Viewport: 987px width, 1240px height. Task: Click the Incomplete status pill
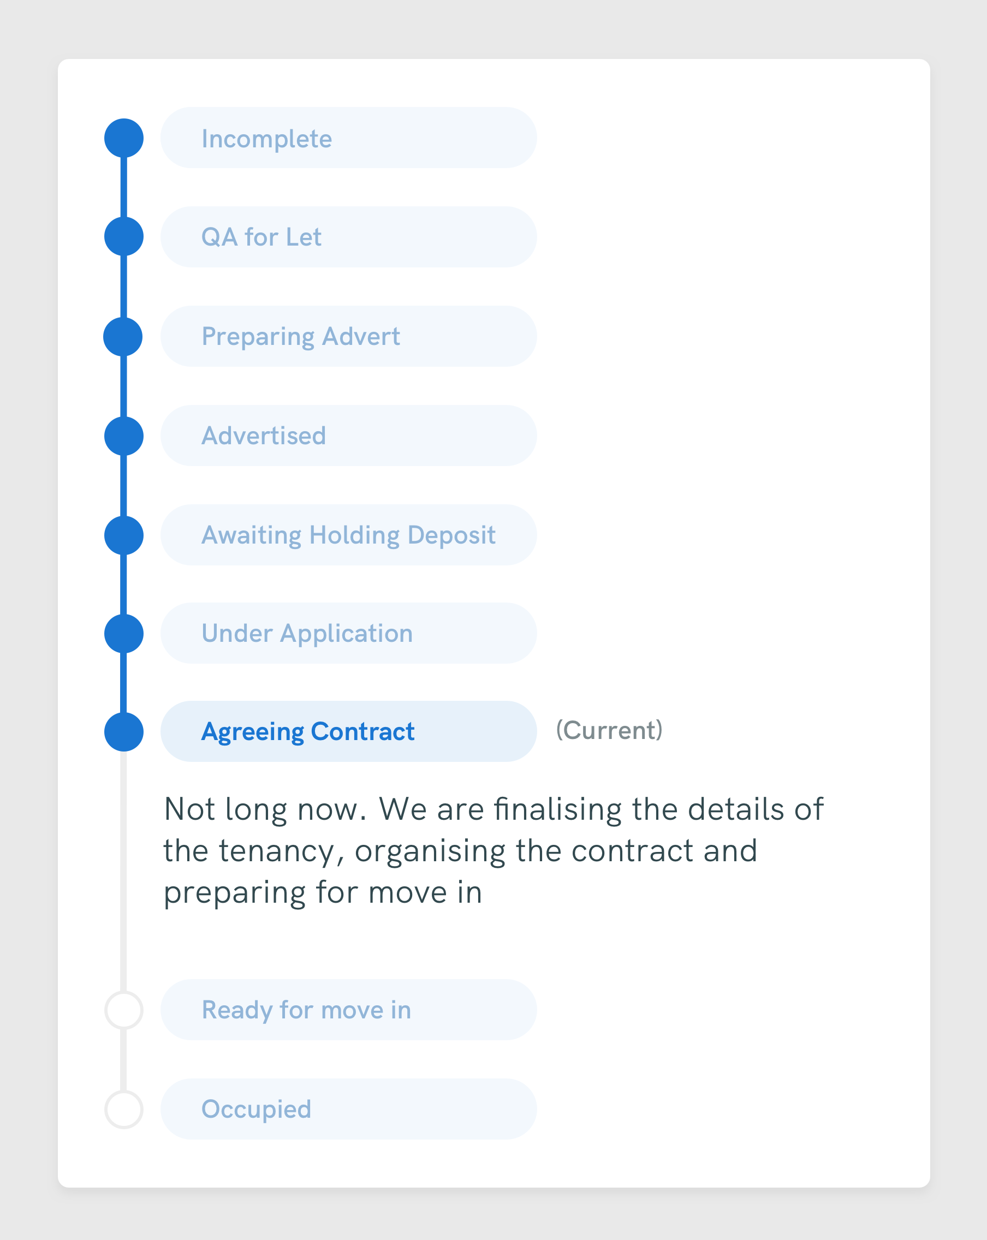tap(348, 138)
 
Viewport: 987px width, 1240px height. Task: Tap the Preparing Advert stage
tap(348, 336)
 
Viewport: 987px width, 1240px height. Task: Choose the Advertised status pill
tap(348, 436)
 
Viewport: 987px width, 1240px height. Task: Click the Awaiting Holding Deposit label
tap(348, 535)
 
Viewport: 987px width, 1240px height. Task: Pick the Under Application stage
tap(348, 633)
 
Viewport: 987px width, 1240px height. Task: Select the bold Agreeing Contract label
tap(308, 732)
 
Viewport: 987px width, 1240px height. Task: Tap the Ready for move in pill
tap(348, 1010)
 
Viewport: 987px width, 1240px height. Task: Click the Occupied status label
tap(256, 1110)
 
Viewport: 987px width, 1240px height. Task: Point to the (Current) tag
tap(609, 730)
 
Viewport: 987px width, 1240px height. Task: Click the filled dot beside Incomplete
tap(124, 138)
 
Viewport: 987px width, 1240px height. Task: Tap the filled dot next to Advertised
tap(124, 436)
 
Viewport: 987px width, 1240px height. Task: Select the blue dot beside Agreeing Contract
tap(124, 732)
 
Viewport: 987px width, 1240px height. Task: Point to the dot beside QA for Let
tap(124, 236)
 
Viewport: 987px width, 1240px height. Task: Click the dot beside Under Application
tap(124, 634)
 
